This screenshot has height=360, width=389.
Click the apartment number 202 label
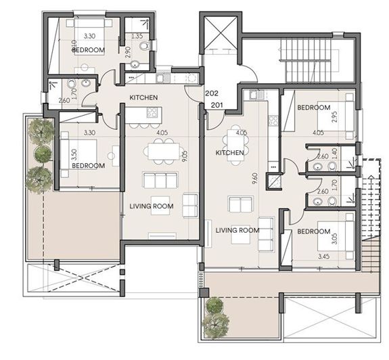(212, 95)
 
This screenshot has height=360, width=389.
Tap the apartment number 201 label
(217, 105)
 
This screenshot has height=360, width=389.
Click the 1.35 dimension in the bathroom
(137, 36)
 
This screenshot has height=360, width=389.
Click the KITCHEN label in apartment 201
(229, 153)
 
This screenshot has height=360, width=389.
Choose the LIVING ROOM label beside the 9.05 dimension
(152, 206)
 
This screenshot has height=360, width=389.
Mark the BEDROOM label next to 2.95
(313, 108)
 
